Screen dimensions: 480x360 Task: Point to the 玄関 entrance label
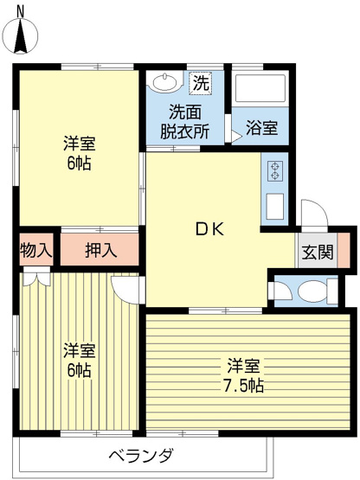click(x=317, y=253)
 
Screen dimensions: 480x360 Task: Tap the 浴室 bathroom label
click(x=261, y=128)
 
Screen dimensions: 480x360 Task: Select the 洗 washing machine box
click(x=200, y=84)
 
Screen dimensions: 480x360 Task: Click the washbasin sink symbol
click(x=163, y=84)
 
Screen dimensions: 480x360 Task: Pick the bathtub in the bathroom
click(x=259, y=91)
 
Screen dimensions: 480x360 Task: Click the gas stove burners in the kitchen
click(x=275, y=171)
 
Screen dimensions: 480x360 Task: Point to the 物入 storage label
click(x=35, y=252)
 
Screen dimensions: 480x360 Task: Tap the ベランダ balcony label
click(x=141, y=457)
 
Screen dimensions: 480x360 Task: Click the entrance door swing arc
click(x=312, y=214)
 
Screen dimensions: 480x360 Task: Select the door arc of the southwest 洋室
click(x=127, y=290)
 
